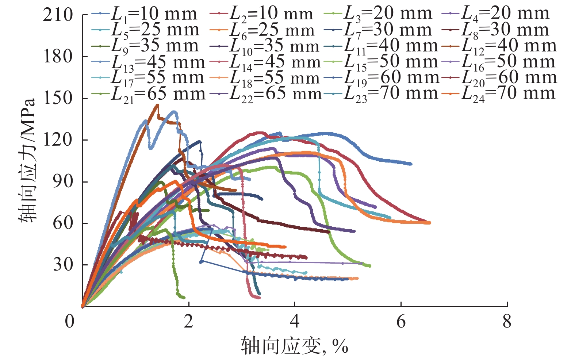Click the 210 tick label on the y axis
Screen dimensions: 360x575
pyautogui.click(x=58, y=15)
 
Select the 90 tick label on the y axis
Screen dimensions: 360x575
pyautogui.click(x=63, y=181)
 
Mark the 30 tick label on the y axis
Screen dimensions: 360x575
pyautogui.click(x=63, y=265)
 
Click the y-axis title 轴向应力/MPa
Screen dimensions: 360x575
pyautogui.click(x=27, y=161)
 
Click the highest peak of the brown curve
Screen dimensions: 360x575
pyautogui.click(x=157, y=105)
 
